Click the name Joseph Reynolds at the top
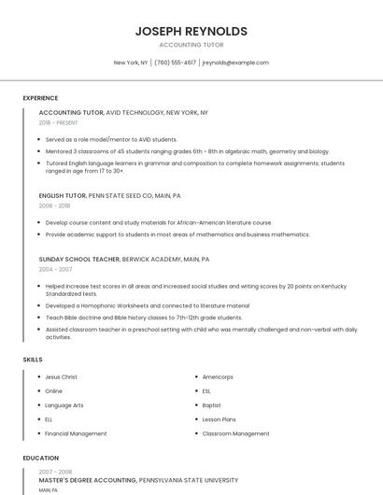click(191, 31)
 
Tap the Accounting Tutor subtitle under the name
click(191, 45)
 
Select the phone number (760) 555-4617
click(176, 63)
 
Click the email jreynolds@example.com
click(235, 63)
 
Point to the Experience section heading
click(40, 97)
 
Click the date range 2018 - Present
click(58, 122)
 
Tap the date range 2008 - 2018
click(54, 205)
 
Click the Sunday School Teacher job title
click(79, 259)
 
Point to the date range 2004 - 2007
click(55, 269)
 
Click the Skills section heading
click(33, 359)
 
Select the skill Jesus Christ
click(61, 377)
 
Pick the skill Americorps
click(218, 377)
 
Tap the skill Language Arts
click(64, 405)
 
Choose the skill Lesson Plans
click(219, 419)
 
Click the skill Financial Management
click(76, 433)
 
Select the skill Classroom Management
click(235, 433)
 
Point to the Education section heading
click(40, 459)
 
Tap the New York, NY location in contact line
click(131, 63)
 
